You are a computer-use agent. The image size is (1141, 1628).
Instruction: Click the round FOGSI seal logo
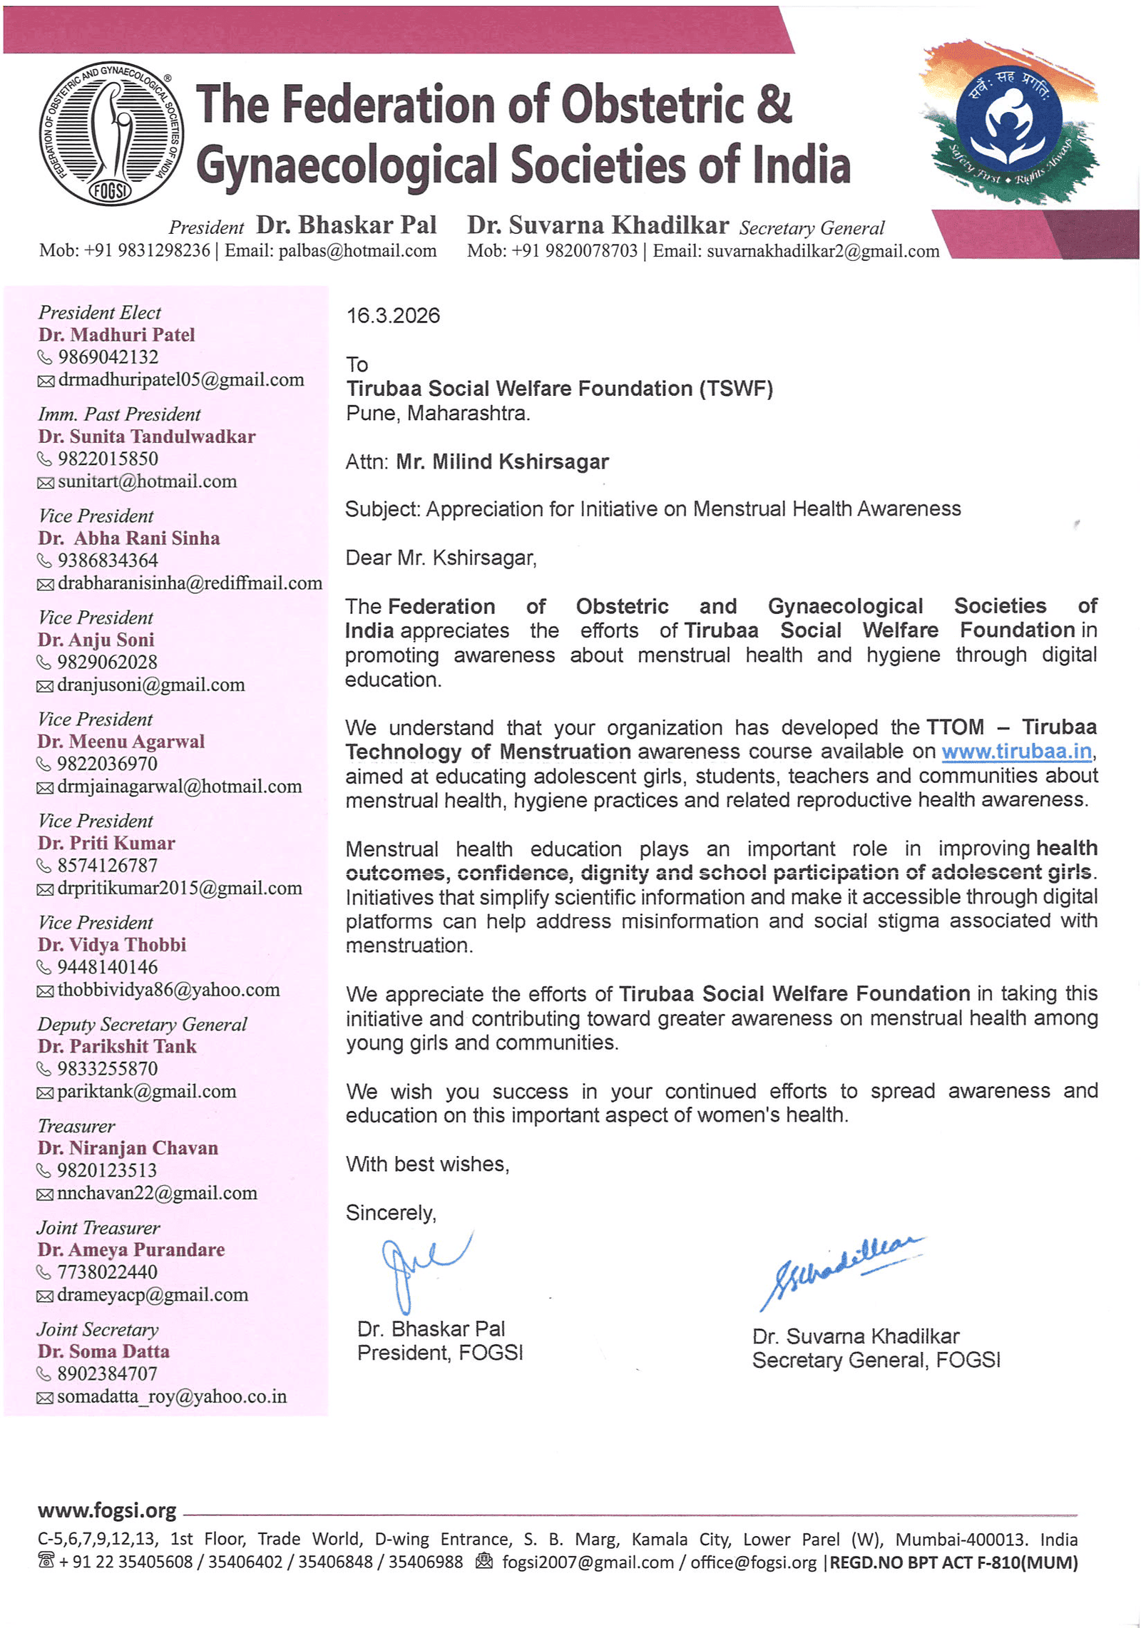coord(111,133)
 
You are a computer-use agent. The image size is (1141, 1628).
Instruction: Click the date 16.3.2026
coord(393,316)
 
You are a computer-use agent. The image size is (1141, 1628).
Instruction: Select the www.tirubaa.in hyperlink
coord(1015,752)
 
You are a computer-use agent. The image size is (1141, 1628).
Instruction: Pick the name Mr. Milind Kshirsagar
coord(502,462)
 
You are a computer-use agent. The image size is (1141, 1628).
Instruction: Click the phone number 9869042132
coord(108,357)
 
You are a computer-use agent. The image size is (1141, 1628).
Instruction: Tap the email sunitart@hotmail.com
coord(147,481)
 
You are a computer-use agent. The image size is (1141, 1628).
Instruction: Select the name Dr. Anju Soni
coord(96,640)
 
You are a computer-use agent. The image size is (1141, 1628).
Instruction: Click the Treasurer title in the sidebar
coord(76,1126)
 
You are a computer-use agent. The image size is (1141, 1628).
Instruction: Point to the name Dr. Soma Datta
coord(103,1351)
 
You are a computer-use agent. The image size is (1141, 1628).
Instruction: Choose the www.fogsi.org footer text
coord(107,1510)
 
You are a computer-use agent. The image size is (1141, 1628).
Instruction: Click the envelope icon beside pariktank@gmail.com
coord(45,1093)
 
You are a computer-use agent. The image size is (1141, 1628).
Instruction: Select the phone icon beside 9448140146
coord(44,968)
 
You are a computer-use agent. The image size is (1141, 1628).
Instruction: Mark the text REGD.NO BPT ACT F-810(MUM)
coord(953,1562)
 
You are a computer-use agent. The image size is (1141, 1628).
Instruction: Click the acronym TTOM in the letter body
coord(954,727)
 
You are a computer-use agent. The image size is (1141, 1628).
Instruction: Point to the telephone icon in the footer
coord(46,1562)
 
